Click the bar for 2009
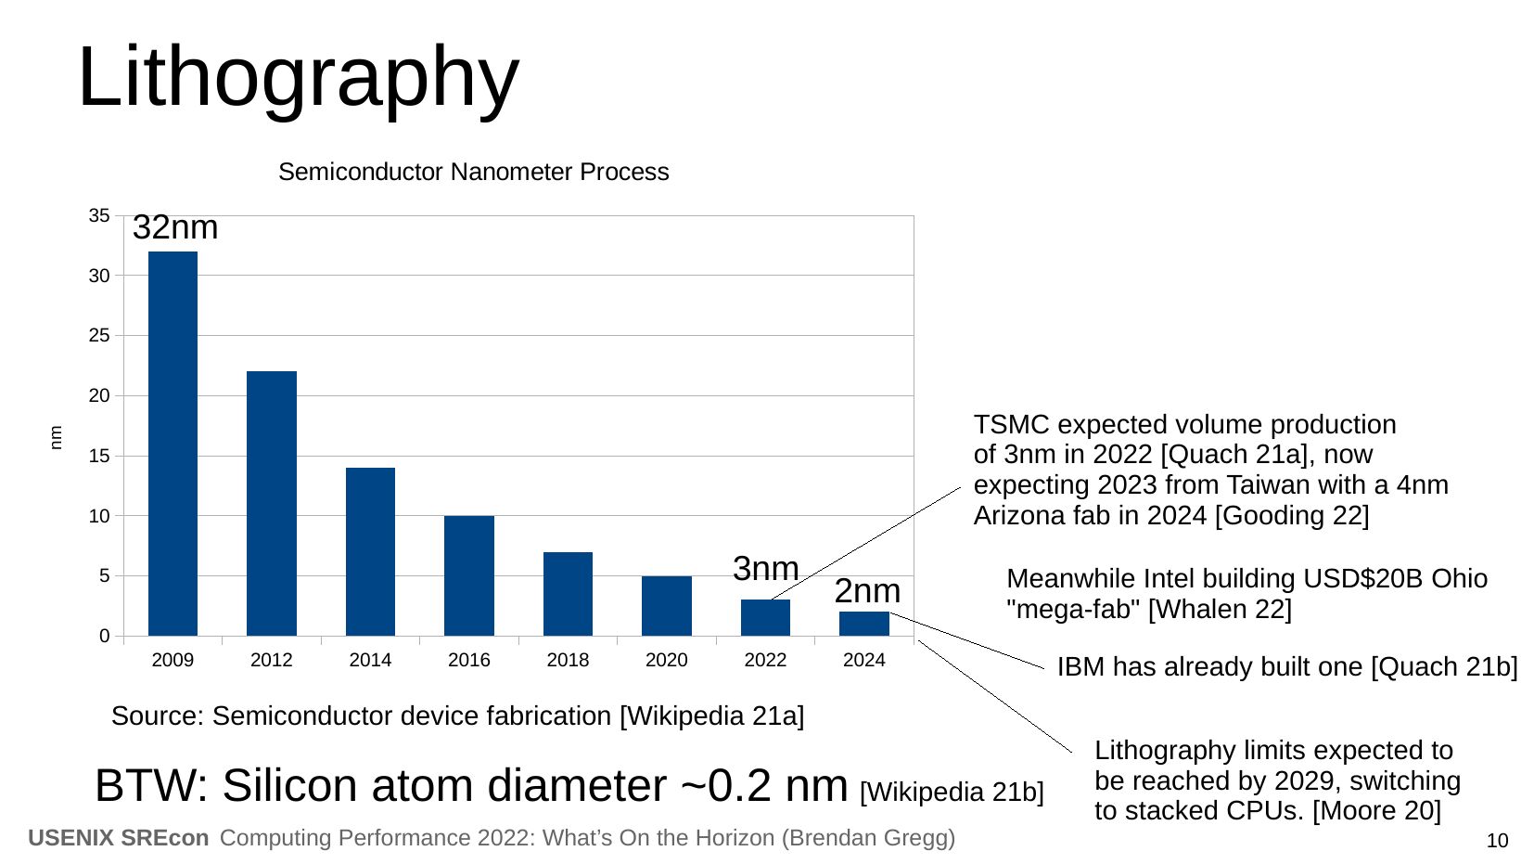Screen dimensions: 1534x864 173,444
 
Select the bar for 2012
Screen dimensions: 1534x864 272,504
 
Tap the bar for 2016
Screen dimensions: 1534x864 469,575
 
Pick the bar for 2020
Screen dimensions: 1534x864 666,606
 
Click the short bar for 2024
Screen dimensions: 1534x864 864,624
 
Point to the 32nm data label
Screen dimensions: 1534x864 175,227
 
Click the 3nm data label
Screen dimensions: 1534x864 766,569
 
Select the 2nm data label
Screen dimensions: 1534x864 867,590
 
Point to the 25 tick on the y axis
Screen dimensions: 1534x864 99,336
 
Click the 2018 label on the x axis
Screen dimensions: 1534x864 568,660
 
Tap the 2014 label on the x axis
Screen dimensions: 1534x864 370,660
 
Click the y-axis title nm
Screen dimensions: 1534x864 57,438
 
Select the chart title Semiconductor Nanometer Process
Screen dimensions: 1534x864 473,172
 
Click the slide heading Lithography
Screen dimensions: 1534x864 299,77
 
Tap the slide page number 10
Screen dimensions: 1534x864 1497,841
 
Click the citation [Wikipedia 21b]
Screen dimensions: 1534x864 952,792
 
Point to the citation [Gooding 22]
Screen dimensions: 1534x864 1292,515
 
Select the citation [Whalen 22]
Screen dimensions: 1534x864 1220,609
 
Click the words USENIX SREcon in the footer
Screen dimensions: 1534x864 119,838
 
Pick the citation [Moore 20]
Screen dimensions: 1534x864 1377,810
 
